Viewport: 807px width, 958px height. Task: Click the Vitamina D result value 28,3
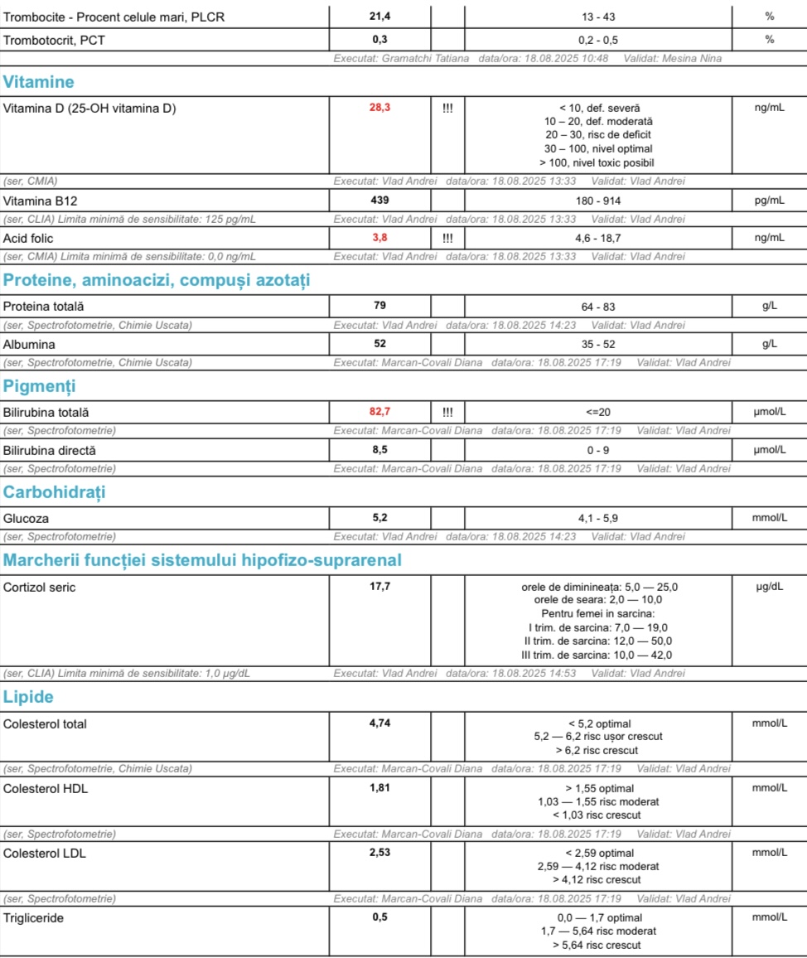tap(379, 108)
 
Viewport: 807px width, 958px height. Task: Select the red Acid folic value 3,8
tap(379, 238)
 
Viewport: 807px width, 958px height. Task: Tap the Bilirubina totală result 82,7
tap(379, 411)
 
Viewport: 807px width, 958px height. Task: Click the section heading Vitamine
tap(39, 82)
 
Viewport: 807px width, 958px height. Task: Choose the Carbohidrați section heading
tap(55, 492)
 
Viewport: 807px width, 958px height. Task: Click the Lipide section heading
tap(29, 696)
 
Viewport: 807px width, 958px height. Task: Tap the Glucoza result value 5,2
tap(379, 518)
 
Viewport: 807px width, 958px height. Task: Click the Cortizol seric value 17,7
tap(379, 587)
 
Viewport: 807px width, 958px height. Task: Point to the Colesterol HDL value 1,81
tap(379, 787)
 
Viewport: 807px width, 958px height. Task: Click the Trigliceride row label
tap(34, 917)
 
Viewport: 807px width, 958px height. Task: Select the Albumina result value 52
tap(379, 343)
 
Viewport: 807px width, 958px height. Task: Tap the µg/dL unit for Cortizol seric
tap(769, 587)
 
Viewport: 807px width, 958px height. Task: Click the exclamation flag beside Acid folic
tap(447, 238)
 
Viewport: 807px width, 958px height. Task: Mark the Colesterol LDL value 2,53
tap(379, 852)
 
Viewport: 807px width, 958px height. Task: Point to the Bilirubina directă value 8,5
tap(379, 450)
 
